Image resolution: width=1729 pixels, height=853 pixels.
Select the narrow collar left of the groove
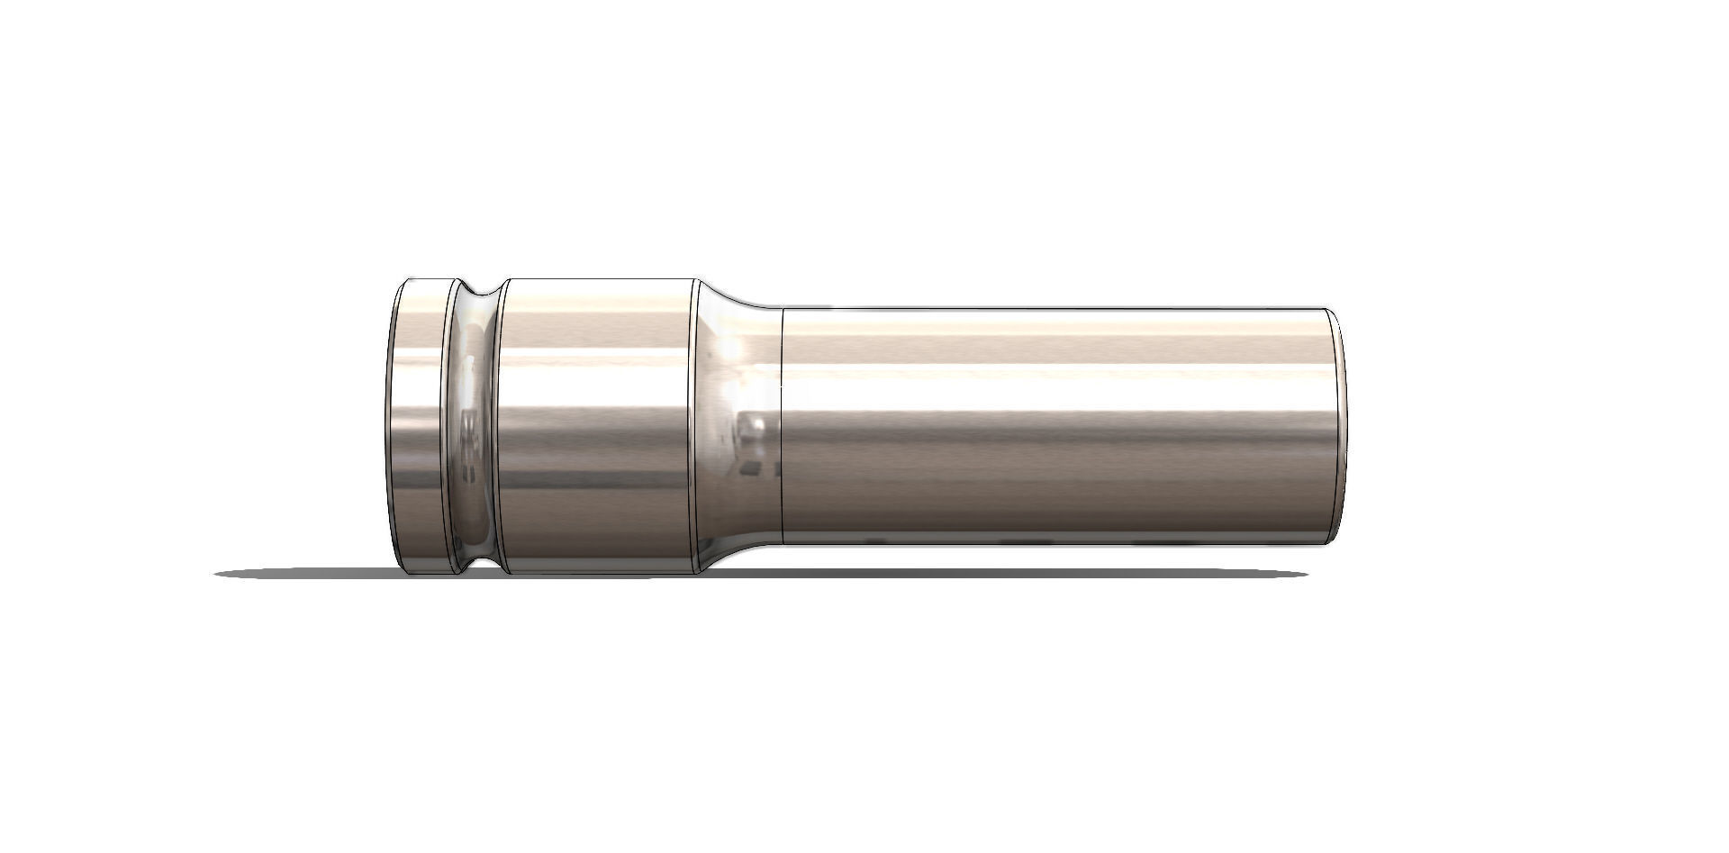pyautogui.click(x=420, y=423)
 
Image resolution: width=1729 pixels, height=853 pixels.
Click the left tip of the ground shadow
pyautogui.click(x=220, y=574)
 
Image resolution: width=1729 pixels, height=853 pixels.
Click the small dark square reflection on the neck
pyautogui.click(x=750, y=468)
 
